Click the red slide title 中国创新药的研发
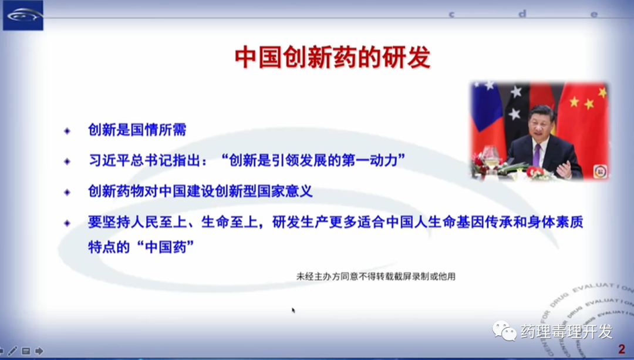pyautogui.click(x=332, y=58)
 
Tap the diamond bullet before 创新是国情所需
pyautogui.click(x=67, y=130)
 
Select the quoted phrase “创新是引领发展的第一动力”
pyautogui.click(x=313, y=160)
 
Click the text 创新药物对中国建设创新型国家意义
pyautogui.click(x=200, y=191)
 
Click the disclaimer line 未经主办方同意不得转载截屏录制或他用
pyautogui.click(x=376, y=276)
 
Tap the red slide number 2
pyautogui.click(x=622, y=349)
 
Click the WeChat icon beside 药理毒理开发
pyautogui.click(x=504, y=331)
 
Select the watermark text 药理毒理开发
pyautogui.click(x=566, y=332)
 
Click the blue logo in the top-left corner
pyautogui.click(x=23, y=15)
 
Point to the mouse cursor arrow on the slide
pyautogui.click(x=294, y=310)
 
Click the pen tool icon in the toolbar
pyautogui.click(x=12, y=351)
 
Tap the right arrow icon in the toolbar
pyautogui.click(x=39, y=351)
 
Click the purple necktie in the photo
pyautogui.click(x=537, y=155)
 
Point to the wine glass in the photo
pyautogui.click(x=490, y=157)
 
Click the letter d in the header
pyautogui.click(x=522, y=14)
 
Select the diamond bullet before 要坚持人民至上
pyautogui.click(x=67, y=223)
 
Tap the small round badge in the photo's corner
pyautogui.click(x=599, y=171)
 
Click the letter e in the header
pyautogui.click(x=593, y=15)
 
